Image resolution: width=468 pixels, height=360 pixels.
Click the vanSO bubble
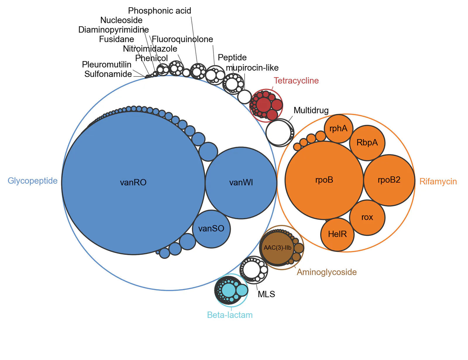211,229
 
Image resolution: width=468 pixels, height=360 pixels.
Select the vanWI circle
241,183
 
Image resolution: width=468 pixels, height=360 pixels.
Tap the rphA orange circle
338,129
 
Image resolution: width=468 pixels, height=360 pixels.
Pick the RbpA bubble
367,143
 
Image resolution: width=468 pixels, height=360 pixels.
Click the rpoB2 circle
389,180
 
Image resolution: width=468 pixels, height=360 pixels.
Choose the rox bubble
367,217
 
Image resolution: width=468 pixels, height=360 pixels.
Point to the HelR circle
337,234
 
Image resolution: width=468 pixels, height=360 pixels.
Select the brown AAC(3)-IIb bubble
277,248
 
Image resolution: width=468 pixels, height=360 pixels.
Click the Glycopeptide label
32,181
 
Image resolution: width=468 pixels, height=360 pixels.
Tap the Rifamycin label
438,181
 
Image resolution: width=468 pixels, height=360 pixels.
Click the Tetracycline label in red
296,81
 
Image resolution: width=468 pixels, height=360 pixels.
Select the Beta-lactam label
230,315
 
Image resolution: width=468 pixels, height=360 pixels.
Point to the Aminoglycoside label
326,272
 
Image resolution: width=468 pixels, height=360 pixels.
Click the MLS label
266,294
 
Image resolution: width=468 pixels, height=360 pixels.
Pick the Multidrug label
311,110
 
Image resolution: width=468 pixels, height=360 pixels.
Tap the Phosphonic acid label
159,11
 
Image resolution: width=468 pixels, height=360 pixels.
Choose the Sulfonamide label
108,74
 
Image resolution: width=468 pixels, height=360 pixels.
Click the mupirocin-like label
252,68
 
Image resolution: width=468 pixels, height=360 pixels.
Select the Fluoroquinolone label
182,39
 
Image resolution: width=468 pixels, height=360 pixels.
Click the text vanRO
133,182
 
